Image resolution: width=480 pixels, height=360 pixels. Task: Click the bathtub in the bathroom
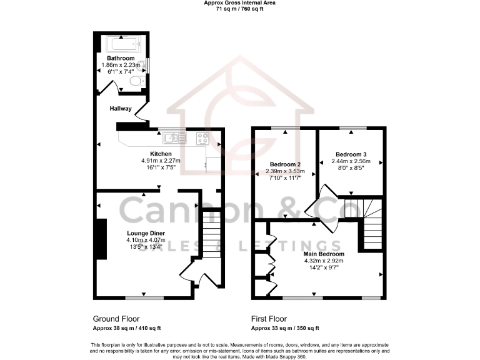click(123, 46)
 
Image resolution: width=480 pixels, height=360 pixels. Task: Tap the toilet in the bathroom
click(143, 81)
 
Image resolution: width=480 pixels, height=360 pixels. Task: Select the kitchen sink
click(171, 137)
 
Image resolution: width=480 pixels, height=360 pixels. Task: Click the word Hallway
click(121, 108)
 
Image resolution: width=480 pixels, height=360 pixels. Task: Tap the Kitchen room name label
click(161, 154)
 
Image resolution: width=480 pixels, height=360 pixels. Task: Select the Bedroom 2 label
click(284, 164)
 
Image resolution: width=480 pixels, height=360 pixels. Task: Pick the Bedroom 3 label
click(350, 154)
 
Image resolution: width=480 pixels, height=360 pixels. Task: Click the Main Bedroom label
click(324, 254)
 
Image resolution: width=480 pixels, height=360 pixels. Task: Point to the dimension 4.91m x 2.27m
click(161, 161)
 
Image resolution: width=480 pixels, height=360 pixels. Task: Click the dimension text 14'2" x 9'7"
click(324, 268)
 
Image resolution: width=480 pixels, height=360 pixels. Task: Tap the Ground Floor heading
click(116, 318)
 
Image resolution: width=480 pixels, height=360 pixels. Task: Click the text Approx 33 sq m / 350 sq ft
click(285, 328)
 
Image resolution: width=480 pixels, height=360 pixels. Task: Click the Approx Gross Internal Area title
click(240, 3)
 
